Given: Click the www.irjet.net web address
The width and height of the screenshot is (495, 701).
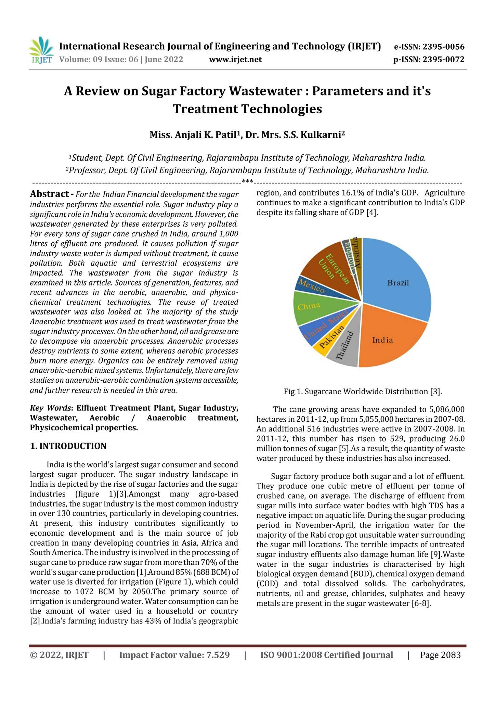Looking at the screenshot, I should [x=235, y=60].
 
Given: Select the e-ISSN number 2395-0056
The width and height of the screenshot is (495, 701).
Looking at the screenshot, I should [x=443, y=47].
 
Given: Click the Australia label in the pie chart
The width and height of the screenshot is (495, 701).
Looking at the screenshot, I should [x=357, y=253].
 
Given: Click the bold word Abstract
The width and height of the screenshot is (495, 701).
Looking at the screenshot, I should [x=49, y=194].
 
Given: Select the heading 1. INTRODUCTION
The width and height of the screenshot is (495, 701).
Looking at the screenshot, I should [x=68, y=446].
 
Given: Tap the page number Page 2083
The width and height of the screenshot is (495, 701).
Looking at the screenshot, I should [x=440, y=655].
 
